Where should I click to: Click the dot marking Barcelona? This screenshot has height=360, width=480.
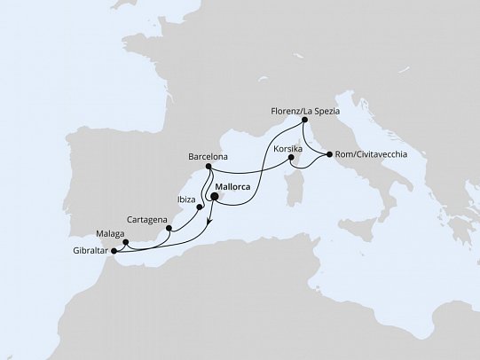(208, 167)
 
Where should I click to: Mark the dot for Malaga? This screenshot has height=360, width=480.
(125, 241)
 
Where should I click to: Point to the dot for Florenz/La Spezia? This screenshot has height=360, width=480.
(304, 120)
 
